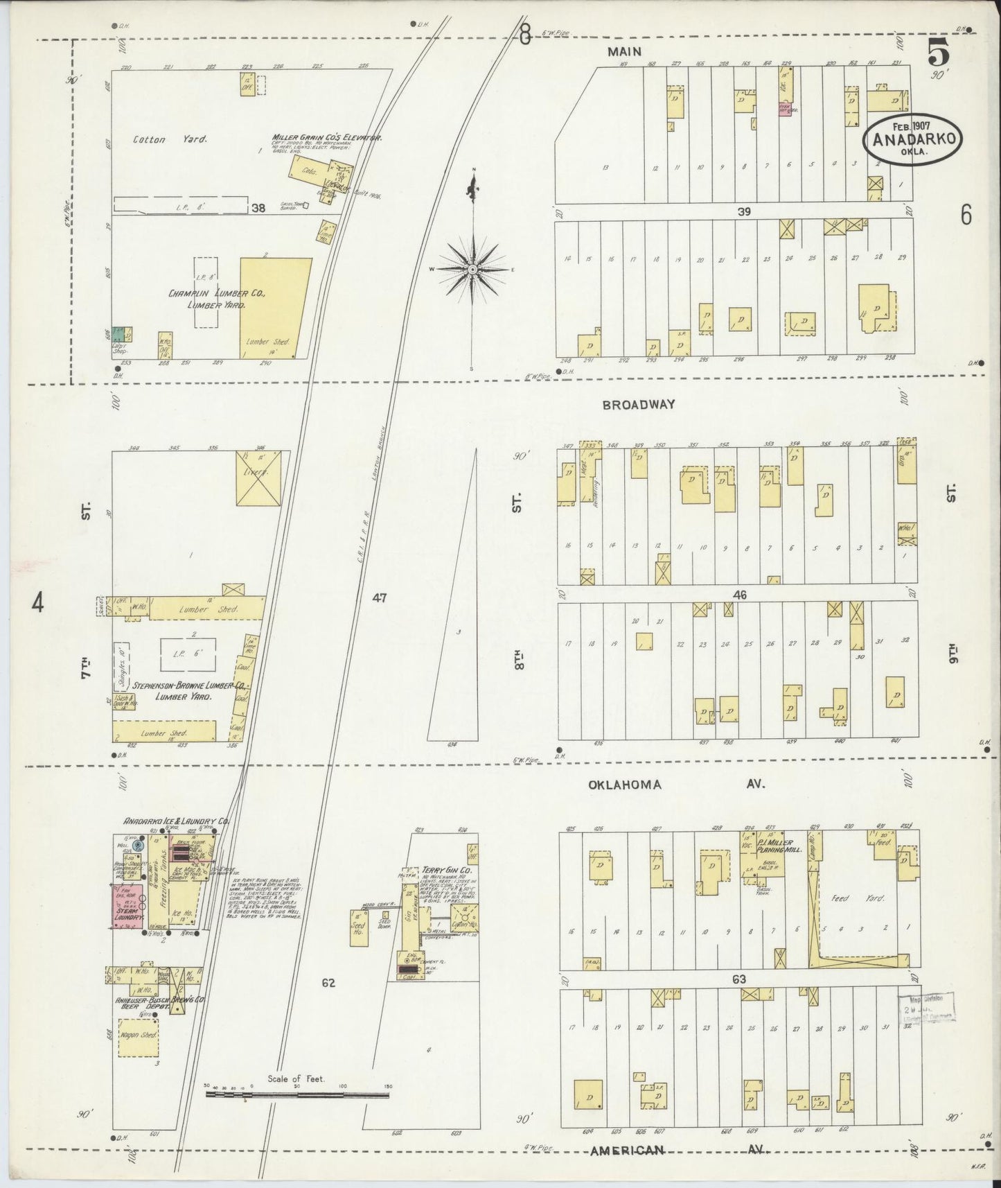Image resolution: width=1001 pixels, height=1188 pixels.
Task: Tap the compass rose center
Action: (472, 269)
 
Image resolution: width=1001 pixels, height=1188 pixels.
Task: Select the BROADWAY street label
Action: (638, 405)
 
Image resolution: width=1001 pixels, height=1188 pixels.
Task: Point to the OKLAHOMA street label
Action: (625, 785)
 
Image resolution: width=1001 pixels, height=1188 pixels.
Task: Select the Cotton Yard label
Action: (160, 139)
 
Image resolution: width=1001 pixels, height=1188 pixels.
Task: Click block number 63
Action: (739, 979)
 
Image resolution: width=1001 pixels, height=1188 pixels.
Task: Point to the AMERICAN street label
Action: (627, 1150)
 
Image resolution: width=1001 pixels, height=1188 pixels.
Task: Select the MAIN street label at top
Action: (624, 51)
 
